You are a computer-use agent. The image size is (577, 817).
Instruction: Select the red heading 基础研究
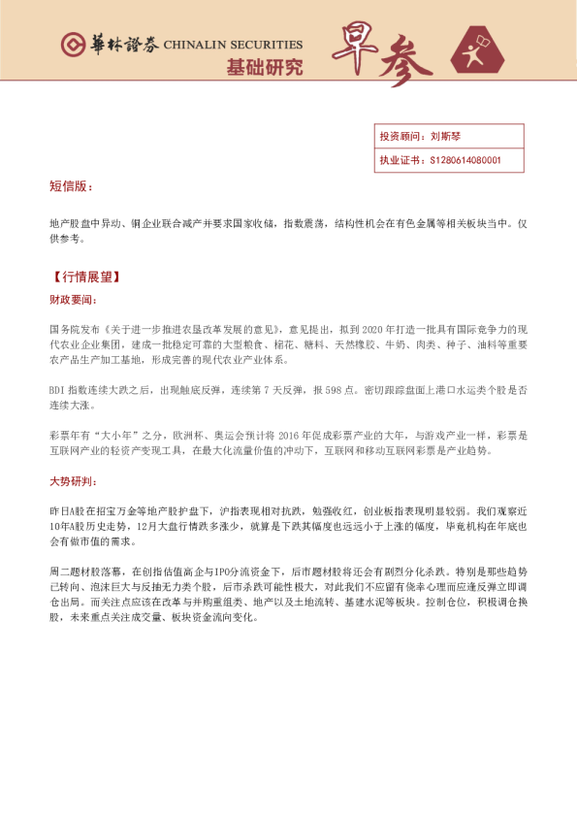point(264,67)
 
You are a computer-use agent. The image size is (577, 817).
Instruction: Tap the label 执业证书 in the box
point(398,160)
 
